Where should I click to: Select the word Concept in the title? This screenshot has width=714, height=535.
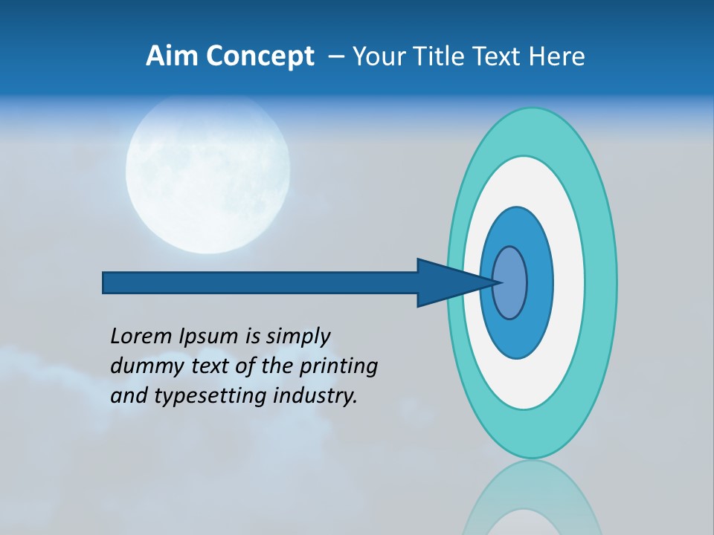point(260,57)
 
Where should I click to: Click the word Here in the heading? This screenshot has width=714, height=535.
point(559,56)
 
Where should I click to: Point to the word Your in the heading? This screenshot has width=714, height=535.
point(376,56)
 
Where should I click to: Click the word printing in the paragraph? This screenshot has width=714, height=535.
point(338,366)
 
